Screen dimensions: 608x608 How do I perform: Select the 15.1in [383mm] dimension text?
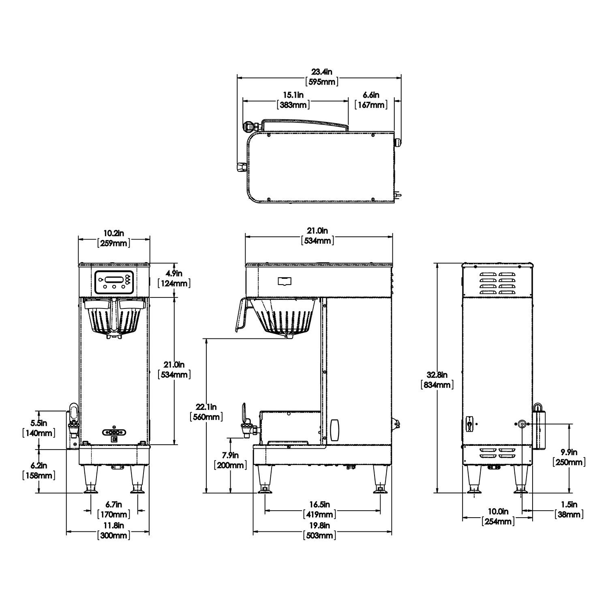coord(293,100)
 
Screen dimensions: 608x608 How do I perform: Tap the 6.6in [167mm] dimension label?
coord(370,100)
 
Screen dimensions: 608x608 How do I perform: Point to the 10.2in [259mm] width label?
coord(113,238)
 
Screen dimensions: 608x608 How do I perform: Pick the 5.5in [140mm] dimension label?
coord(39,428)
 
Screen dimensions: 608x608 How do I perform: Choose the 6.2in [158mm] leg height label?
coord(39,470)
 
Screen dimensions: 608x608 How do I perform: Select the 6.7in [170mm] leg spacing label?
coord(113,510)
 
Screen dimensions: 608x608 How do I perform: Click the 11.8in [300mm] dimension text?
coord(113,531)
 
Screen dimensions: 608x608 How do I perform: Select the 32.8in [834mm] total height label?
coord(437,379)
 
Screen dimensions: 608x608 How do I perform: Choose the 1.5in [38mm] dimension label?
coord(569,510)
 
